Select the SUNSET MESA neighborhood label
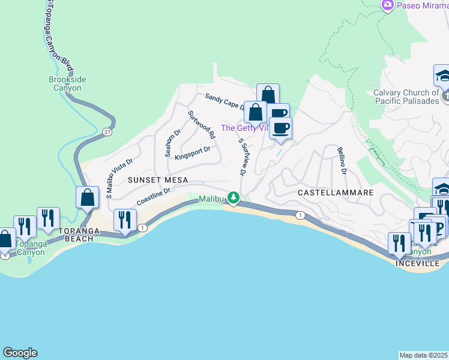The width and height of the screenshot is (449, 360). tap(158, 180)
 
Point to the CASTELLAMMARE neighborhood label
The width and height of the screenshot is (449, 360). tap(336, 193)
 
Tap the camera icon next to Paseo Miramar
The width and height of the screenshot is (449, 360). tap(388, 5)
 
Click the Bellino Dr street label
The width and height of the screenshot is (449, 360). tap(342, 160)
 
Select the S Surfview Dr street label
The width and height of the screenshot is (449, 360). tap(243, 157)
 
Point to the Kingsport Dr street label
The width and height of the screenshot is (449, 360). tap(192, 154)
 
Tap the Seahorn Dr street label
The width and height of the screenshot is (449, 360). tap(169, 142)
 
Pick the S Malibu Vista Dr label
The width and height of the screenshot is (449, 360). tap(119, 178)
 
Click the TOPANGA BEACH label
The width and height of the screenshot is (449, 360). tap(76, 239)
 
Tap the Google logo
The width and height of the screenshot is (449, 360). tap(20, 353)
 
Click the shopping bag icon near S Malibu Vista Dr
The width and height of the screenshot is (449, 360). tap(88, 197)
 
